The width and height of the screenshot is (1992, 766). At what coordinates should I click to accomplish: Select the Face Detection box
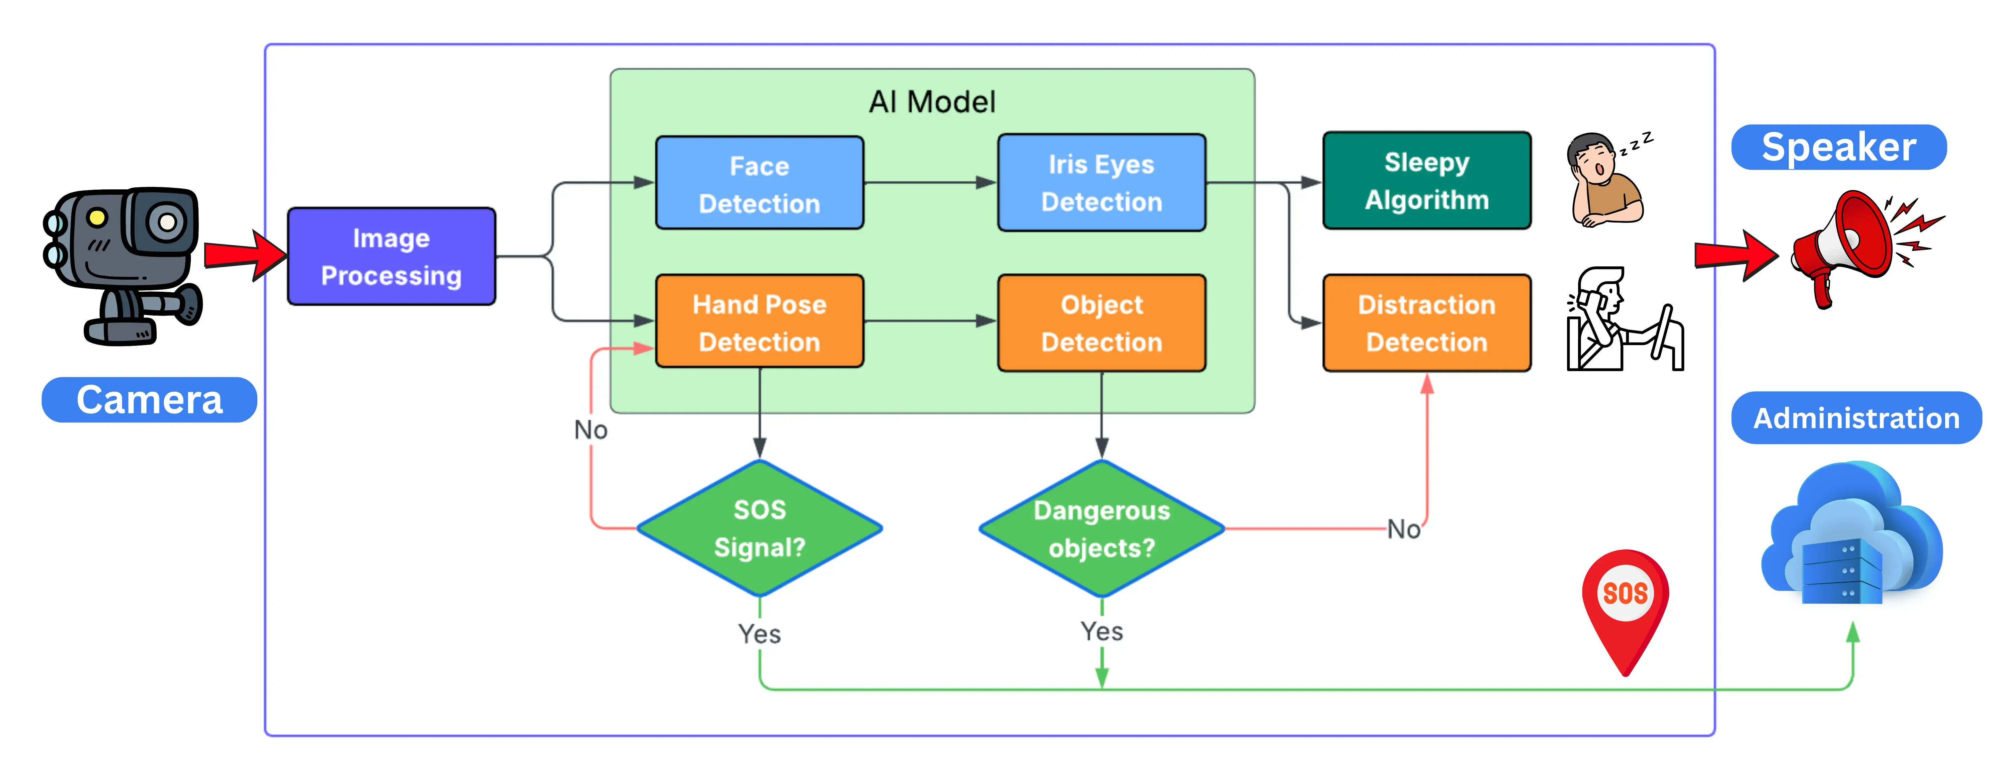coord(759,183)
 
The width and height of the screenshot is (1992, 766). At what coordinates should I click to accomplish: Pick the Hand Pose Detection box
coord(759,322)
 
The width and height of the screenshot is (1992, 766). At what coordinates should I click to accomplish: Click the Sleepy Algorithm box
coord(1427,181)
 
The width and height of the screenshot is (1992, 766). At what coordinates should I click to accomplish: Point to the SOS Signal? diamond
coord(759,528)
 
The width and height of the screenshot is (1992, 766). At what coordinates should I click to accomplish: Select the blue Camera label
coord(149,400)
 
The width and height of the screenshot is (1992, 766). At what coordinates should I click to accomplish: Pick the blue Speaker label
coord(1838,147)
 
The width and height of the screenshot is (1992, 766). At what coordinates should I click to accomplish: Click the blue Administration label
coord(1856,418)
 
